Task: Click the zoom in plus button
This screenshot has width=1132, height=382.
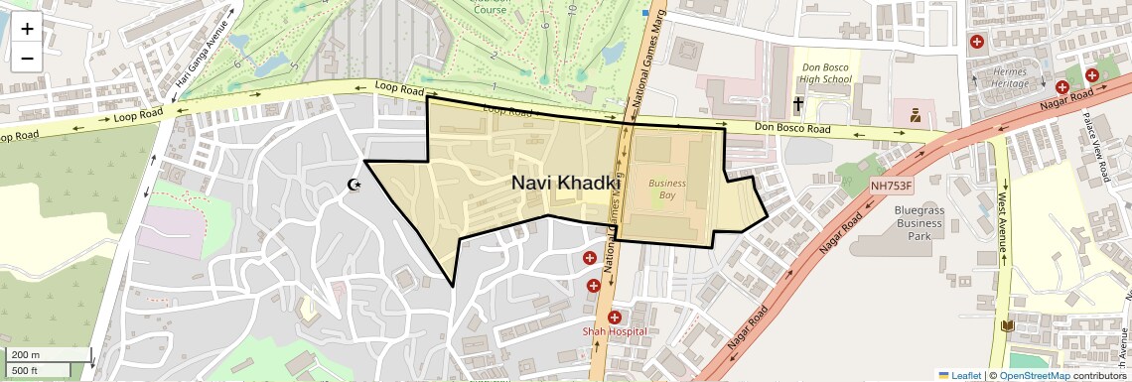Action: (27, 29)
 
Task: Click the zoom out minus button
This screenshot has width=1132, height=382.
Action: (27, 59)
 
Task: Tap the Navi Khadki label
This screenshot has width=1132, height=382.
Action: (566, 184)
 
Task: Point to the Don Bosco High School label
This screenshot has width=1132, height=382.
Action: (826, 72)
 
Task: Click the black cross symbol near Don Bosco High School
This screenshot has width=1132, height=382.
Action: (796, 104)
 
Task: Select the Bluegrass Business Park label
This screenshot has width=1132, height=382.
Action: (919, 223)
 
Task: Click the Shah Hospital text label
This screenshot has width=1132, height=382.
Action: (615, 331)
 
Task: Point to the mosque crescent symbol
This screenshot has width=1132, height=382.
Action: (353, 186)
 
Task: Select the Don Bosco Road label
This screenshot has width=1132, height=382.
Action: (791, 129)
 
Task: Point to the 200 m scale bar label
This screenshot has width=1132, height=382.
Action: (27, 354)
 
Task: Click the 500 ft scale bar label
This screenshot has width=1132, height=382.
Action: (27, 370)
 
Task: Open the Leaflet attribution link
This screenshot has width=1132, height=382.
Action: (959, 375)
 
